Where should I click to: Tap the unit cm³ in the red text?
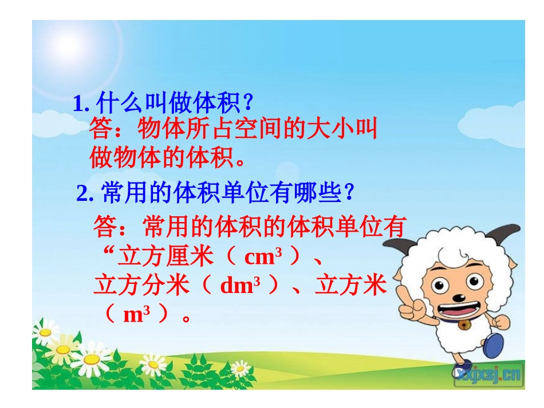coord(263,258)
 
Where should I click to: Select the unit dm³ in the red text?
coord(240,286)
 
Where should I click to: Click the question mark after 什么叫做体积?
coord(247,104)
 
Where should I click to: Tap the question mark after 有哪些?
coord(348,193)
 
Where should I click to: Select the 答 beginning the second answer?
coord(105,227)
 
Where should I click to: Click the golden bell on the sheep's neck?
coord(464,327)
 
